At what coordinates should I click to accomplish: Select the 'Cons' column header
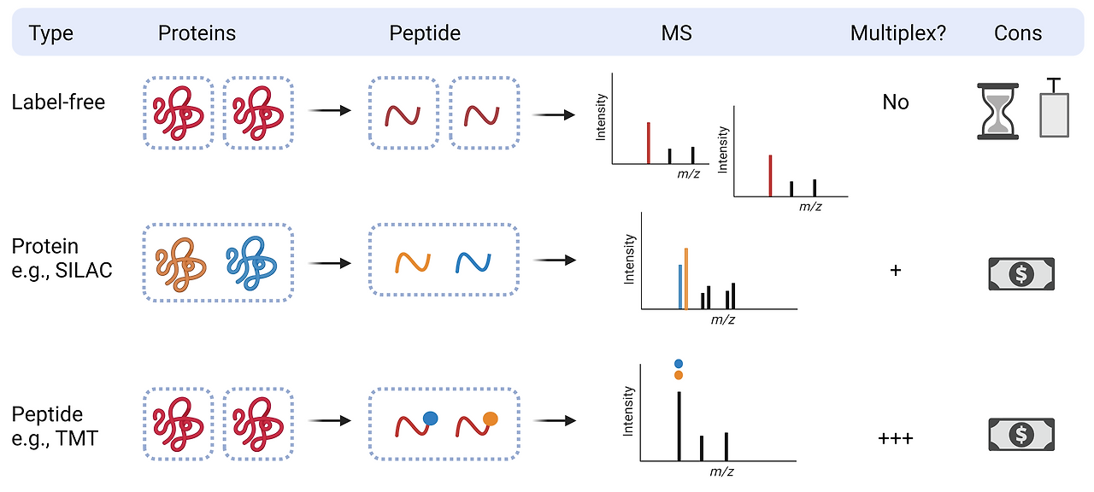tap(1018, 33)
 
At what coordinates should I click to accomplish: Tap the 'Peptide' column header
tap(425, 33)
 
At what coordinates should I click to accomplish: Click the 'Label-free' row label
tap(58, 102)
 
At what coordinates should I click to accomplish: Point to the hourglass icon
tap(998, 111)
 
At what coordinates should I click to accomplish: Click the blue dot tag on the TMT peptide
tap(430, 418)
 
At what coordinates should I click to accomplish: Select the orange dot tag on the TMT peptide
tap(490, 418)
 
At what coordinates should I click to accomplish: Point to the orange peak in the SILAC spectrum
tap(686, 278)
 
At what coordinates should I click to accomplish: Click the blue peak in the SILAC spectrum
tap(680, 286)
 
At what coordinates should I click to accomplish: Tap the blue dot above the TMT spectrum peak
tap(679, 364)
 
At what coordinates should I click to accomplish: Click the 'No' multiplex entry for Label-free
tap(896, 102)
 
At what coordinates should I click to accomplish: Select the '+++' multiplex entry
tap(896, 439)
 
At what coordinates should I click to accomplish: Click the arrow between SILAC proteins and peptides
tap(329, 261)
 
